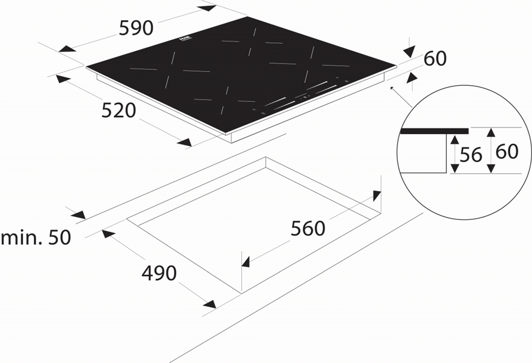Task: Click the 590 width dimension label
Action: [137, 28]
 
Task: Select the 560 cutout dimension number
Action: [308, 228]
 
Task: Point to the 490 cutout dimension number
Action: [159, 273]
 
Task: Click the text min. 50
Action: [35, 238]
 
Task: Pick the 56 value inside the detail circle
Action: [471, 154]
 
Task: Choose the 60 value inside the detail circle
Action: [507, 152]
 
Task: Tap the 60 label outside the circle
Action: [434, 59]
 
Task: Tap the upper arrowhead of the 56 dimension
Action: [453, 140]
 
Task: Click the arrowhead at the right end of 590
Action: [207, 8]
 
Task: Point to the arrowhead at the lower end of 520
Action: [184, 142]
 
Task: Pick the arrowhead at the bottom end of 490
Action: [209, 304]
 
